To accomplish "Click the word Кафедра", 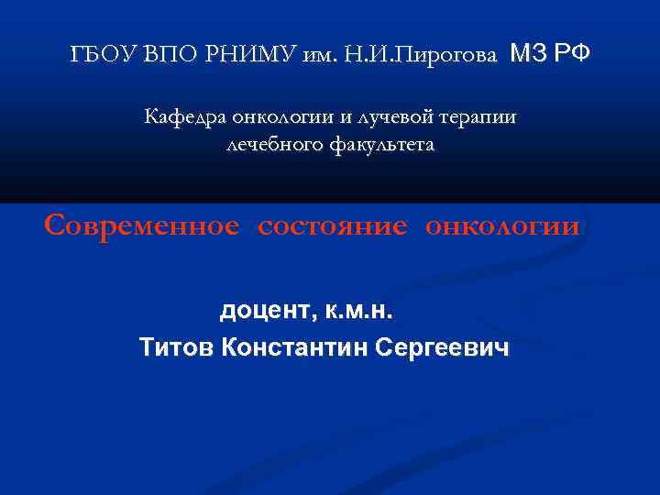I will (x=183, y=117).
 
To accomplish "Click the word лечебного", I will (x=270, y=145).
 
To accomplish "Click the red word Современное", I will (x=143, y=225).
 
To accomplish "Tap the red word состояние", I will (x=331, y=225).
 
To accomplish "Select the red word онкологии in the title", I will (x=501, y=225).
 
